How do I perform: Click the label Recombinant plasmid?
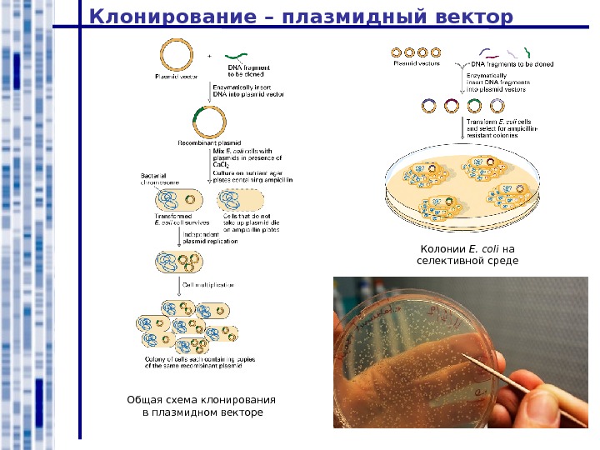click(x=203, y=143)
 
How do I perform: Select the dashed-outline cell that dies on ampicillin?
click(x=241, y=201)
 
